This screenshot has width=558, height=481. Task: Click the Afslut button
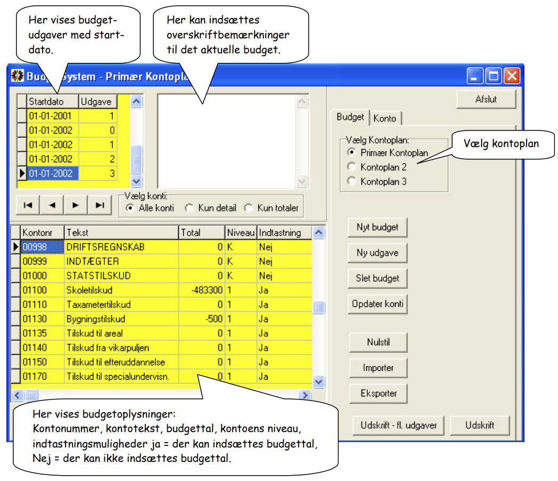point(486,99)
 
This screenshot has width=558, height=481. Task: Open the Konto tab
point(385,118)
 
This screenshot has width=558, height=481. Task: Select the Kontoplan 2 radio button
point(351,167)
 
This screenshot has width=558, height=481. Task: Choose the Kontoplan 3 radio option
point(351,181)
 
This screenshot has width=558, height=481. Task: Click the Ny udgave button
point(378,253)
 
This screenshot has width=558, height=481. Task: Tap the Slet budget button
point(378,279)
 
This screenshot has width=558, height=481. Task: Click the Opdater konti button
point(378,304)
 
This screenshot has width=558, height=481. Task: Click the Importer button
point(378,368)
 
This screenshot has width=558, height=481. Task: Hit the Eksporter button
point(378,394)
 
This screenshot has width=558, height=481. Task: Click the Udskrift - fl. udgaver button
point(398,426)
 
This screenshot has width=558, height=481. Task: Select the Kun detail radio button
point(190,208)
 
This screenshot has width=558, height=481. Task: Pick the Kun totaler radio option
point(249,208)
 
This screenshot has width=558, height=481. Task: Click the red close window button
point(512,76)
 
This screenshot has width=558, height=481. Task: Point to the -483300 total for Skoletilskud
point(207,290)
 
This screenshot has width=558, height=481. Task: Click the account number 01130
point(35,319)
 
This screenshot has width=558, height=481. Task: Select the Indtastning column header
point(280,232)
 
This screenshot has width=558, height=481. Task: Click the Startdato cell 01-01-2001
point(50,116)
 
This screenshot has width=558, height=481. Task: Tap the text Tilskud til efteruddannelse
point(116,362)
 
